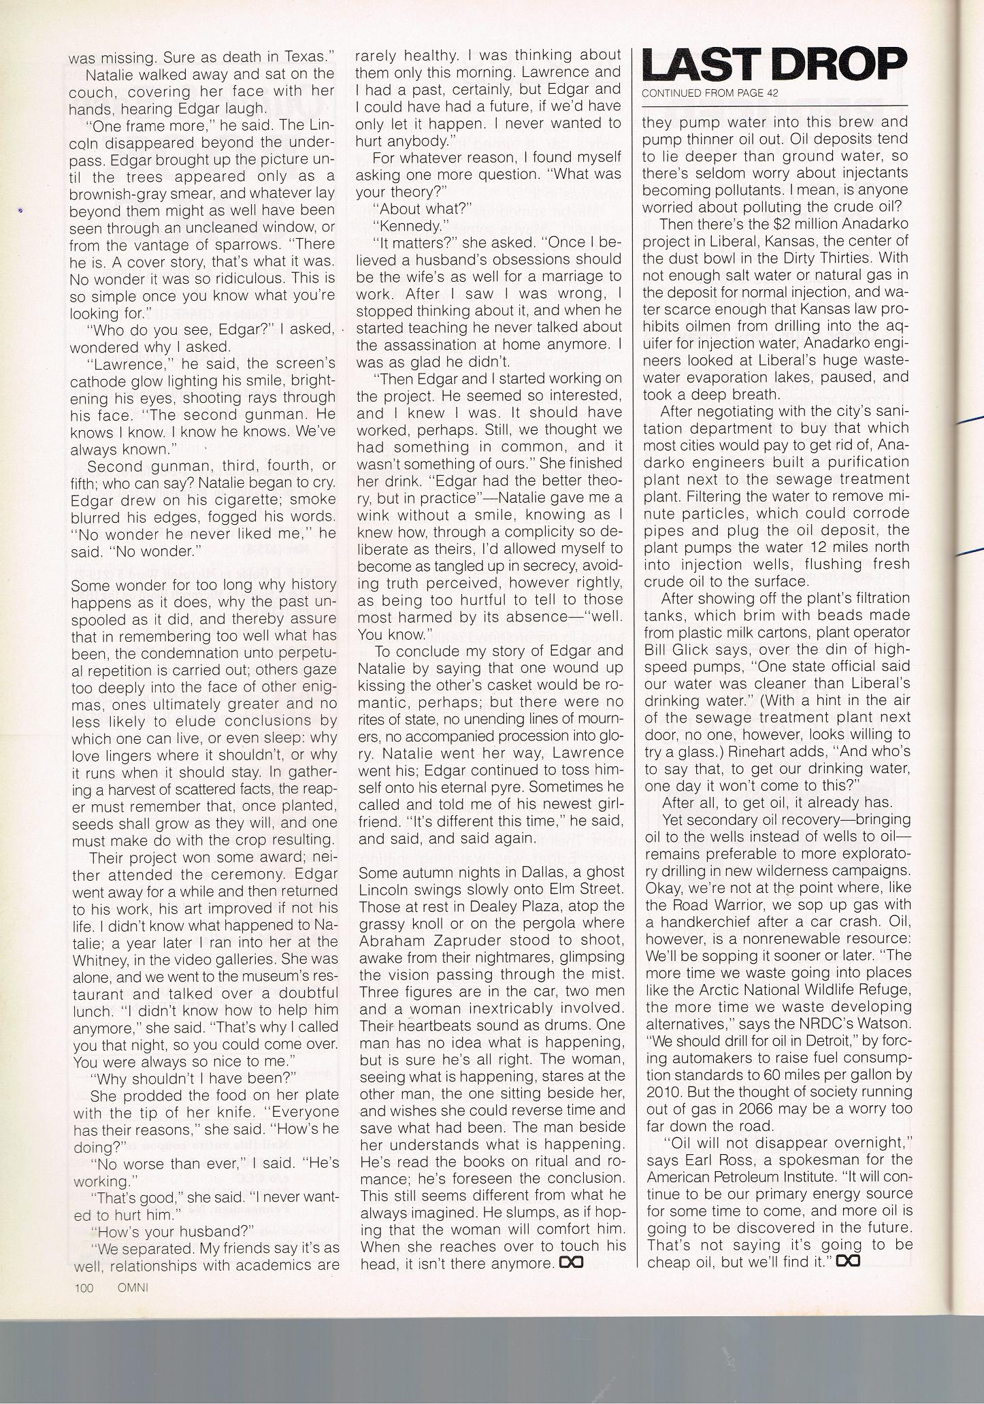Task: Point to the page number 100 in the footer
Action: (84, 1287)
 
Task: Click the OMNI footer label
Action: (133, 1287)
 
